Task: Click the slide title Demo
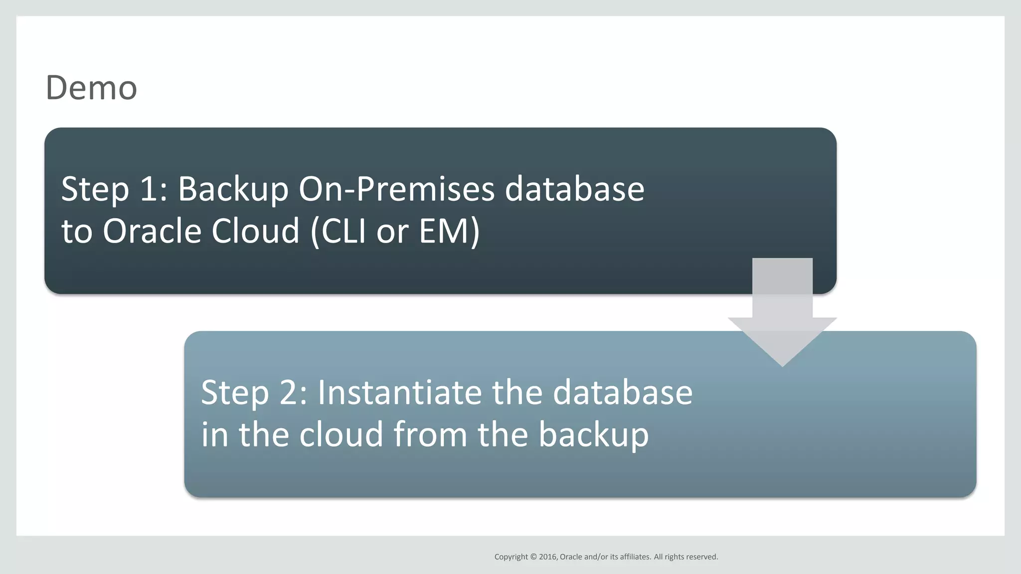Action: pyautogui.click(x=91, y=88)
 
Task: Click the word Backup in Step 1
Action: pyautogui.click(x=233, y=189)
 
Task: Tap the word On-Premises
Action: pyautogui.click(x=396, y=189)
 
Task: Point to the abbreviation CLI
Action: pyautogui.click(x=343, y=231)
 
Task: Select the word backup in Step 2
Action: pyautogui.click(x=593, y=434)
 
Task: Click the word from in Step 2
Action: pyautogui.click(x=431, y=434)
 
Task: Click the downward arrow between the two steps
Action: pyautogui.click(x=782, y=319)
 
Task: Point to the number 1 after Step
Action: pyautogui.click(x=149, y=189)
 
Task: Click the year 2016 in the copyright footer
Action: pyautogui.click(x=548, y=557)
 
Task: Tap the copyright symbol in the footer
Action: pyautogui.click(x=533, y=557)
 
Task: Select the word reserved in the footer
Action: pyautogui.click(x=701, y=557)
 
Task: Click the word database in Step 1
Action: pyautogui.click(x=574, y=189)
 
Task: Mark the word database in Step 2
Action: pyautogui.click(x=622, y=393)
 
